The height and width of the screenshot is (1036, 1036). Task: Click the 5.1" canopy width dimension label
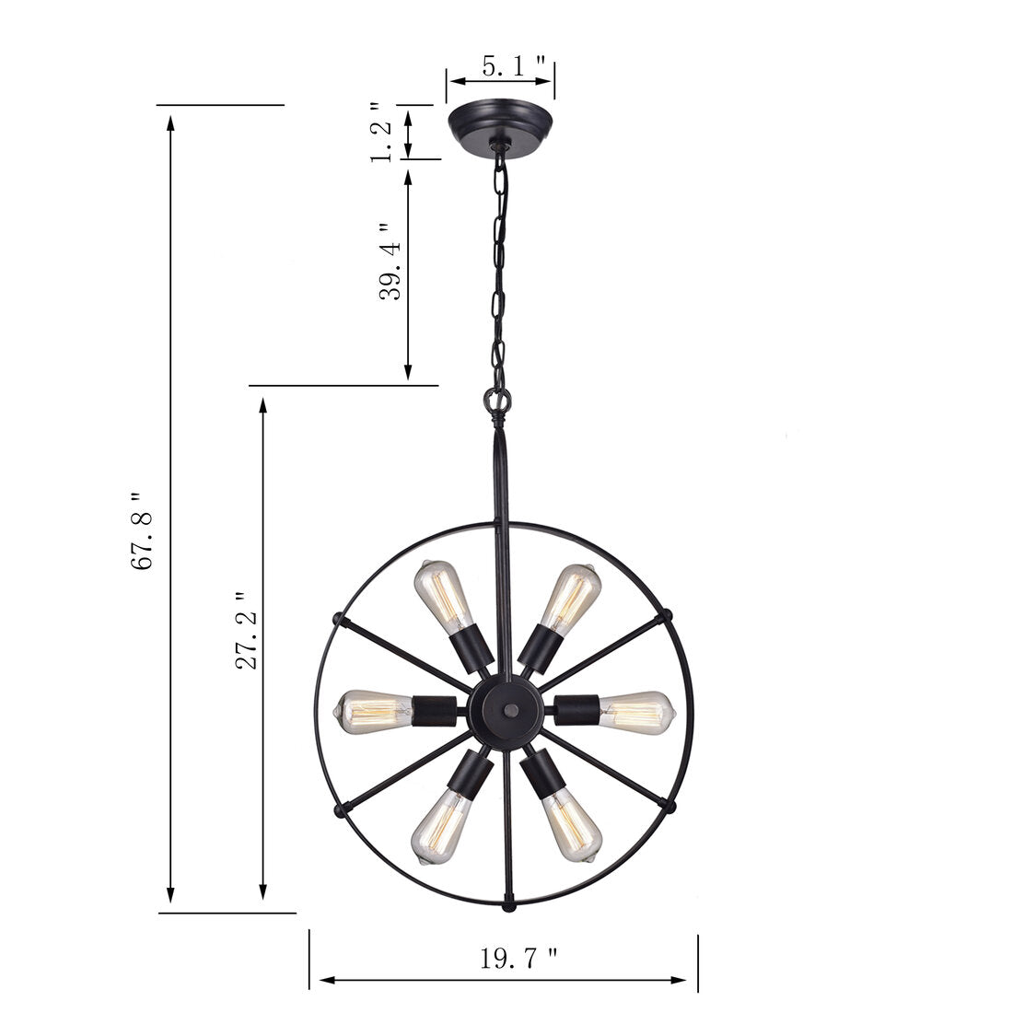[x=515, y=66]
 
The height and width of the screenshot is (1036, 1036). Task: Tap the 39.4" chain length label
[x=390, y=262]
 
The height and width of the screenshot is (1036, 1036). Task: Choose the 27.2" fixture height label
[x=247, y=631]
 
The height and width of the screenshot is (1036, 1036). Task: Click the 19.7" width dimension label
[x=518, y=959]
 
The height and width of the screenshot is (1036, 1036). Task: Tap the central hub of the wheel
[x=505, y=711]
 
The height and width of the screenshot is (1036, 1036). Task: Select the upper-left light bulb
[x=441, y=595]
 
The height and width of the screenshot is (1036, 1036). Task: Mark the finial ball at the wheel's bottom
[x=505, y=908]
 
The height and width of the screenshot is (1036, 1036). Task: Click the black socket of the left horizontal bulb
[x=435, y=709]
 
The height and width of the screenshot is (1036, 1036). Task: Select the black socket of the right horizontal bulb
[x=576, y=709]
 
